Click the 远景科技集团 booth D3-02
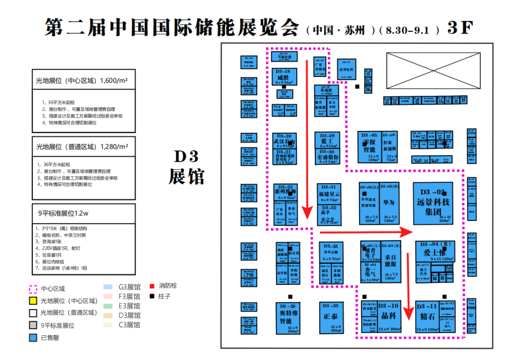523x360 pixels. click(x=433, y=203)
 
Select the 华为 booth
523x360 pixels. click(x=389, y=203)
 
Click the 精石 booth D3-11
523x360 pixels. click(x=428, y=317)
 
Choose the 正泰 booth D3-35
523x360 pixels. click(x=331, y=317)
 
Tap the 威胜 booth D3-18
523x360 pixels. click(x=284, y=77)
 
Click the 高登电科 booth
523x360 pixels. click(x=347, y=69)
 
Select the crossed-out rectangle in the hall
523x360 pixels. click(x=432, y=70)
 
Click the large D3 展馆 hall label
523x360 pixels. click(x=186, y=167)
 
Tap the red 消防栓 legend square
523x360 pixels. click(x=152, y=286)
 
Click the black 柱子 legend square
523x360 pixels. click(x=152, y=296)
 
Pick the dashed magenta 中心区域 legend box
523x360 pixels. click(x=33, y=289)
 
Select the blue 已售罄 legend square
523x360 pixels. click(x=33, y=338)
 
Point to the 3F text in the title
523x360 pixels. click(x=459, y=28)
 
